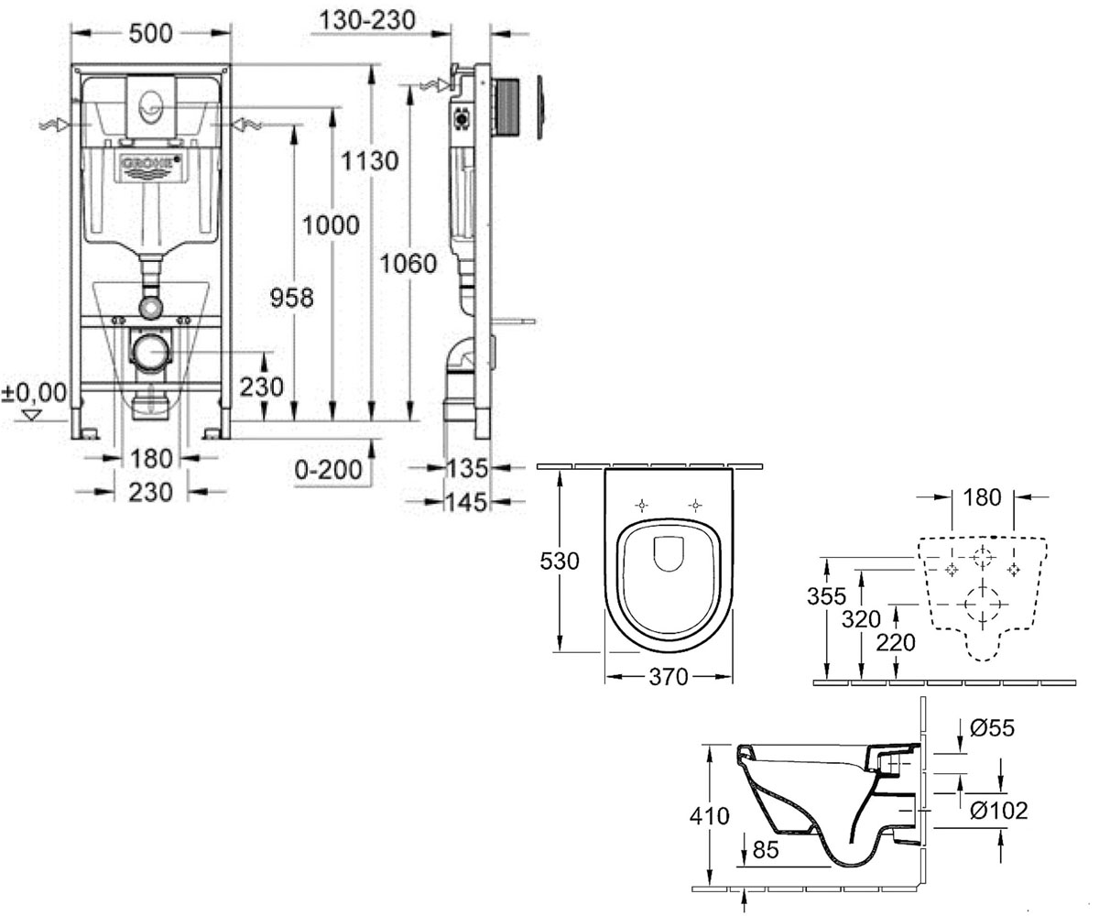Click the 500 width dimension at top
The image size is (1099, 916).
150,34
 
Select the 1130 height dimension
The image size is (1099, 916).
369,160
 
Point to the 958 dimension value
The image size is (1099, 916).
291,298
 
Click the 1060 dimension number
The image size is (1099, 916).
408,264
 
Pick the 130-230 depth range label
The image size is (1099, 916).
367,20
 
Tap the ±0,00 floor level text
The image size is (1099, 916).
34,393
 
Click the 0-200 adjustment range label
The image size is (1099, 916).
329,469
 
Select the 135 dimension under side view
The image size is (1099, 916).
467,467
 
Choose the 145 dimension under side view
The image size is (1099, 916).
467,502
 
